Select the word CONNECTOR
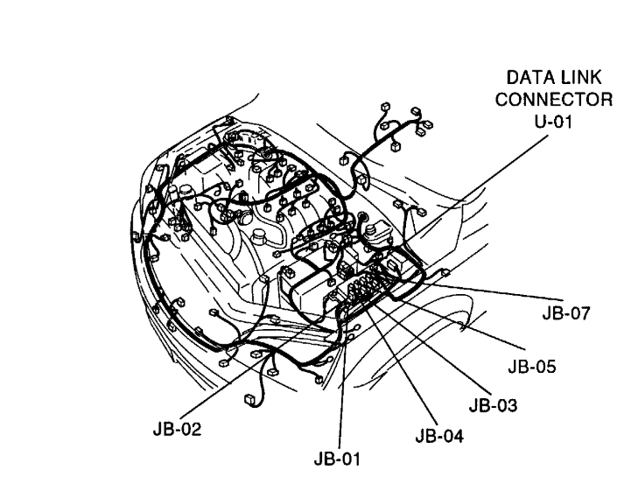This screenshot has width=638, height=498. pos(553,101)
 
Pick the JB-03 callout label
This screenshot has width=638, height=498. pos(494,405)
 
